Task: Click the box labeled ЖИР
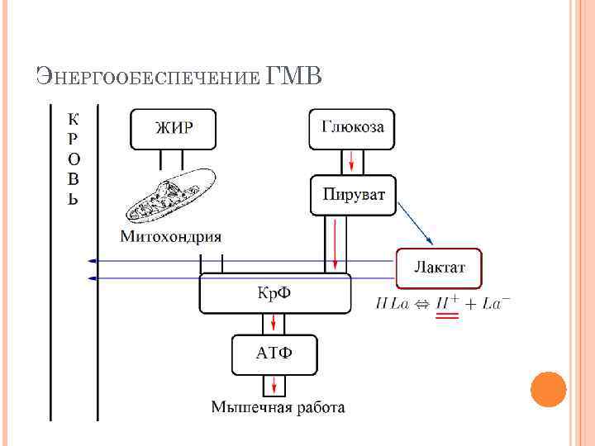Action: point(174,129)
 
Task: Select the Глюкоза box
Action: point(351,129)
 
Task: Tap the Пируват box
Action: point(352,196)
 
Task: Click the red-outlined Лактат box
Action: point(439,268)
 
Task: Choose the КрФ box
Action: point(275,294)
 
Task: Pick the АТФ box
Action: point(274,353)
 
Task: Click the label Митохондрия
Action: point(171,237)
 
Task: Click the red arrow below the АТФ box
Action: point(274,385)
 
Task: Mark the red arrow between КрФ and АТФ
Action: point(274,324)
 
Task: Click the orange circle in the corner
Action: point(547,389)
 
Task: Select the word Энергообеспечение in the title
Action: point(149,78)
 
